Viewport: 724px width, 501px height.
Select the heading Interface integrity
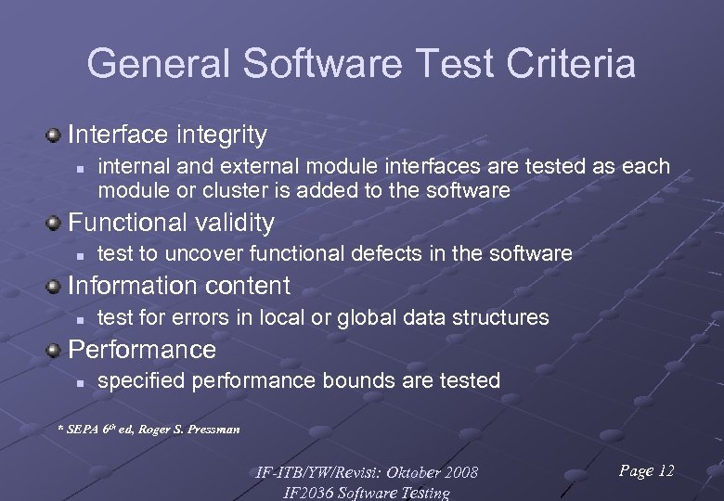click(167, 135)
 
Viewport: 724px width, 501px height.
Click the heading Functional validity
click(172, 223)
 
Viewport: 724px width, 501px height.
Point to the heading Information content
click(179, 286)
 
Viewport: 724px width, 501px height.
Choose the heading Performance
click(142, 350)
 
